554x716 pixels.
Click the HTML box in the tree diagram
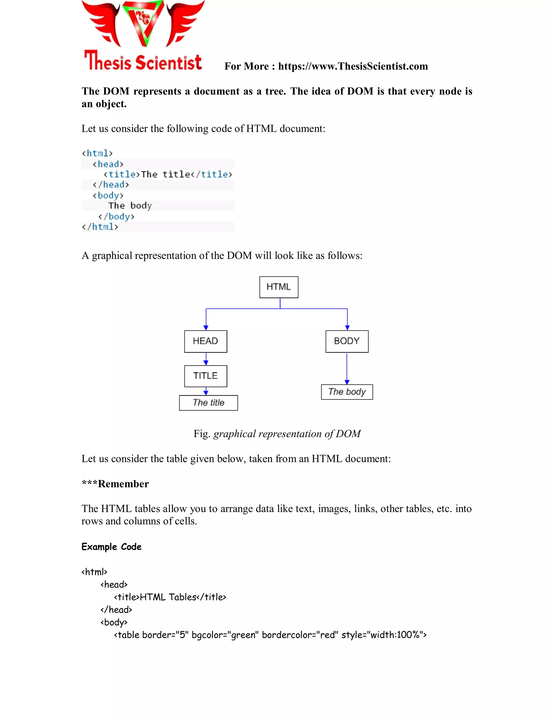click(279, 287)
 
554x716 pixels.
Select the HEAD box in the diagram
click(206, 341)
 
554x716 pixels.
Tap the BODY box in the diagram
click(347, 341)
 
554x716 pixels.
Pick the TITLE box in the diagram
click(206, 376)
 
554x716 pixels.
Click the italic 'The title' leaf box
click(208, 403)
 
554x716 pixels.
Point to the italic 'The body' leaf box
click(347, 392)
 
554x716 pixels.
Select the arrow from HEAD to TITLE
click(206, 359)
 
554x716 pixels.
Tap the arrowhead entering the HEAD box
click(206, 327)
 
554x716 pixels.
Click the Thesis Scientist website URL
click(353, 66)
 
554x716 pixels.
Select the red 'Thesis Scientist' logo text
click(143, 61)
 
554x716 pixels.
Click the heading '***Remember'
click(115, 484)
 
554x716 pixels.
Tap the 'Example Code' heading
click(112, 547)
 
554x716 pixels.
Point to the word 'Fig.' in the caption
click(202, 434)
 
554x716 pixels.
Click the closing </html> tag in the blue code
click(100, 227)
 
